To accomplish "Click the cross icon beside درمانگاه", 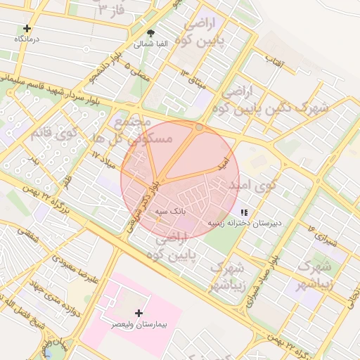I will [x=27, y=29].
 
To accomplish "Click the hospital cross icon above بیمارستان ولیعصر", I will [x=139, y=313].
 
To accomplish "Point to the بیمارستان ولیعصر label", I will [x=139, y=326].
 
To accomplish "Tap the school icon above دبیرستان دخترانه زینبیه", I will [x=244, y=212].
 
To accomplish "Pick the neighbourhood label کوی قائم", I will [x=52, y=132].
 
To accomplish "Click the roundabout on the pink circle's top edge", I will [x=199, y=127].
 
